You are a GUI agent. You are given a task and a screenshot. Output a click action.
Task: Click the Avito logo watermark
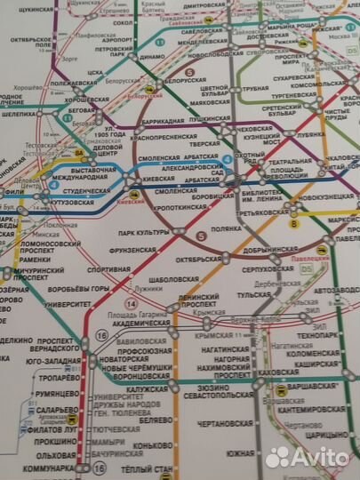[307, 456]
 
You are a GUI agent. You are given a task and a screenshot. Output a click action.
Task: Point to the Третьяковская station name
[265, 213]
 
